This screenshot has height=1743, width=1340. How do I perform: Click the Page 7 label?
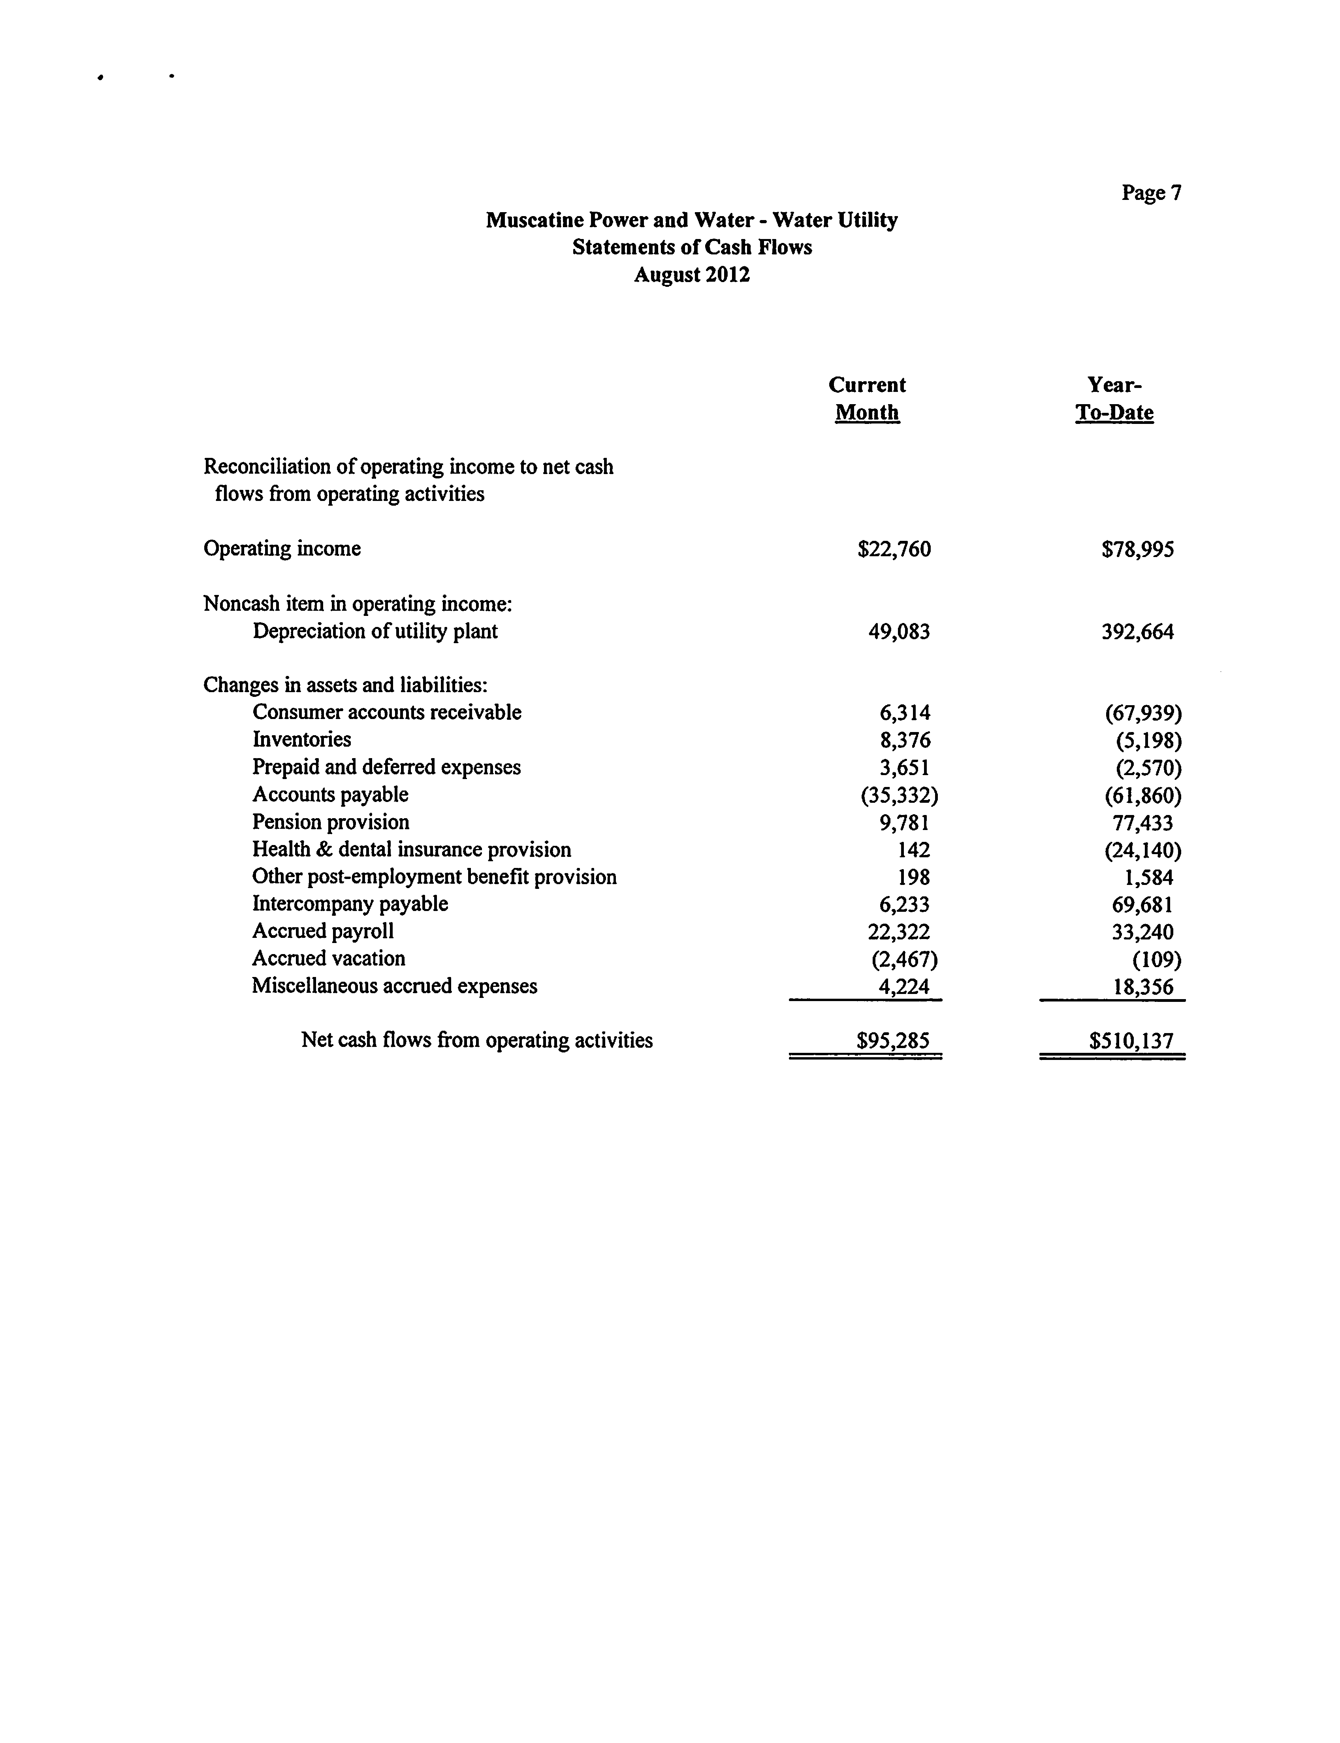pos(1151,193)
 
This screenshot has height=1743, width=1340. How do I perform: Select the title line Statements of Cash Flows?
pos(692,247)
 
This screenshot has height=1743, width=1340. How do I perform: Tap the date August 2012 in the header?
pos(692,275)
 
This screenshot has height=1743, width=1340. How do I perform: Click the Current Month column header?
pos(867,399)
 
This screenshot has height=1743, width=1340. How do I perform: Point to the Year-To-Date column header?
pos(1114,399)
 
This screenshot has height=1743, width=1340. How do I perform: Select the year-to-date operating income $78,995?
pos(1137,550)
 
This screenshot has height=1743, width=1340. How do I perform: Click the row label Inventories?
pos(301,740)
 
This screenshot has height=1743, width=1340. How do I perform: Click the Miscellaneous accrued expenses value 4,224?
pos(904,987)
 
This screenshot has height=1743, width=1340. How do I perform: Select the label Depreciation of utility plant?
pos(375,632)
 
